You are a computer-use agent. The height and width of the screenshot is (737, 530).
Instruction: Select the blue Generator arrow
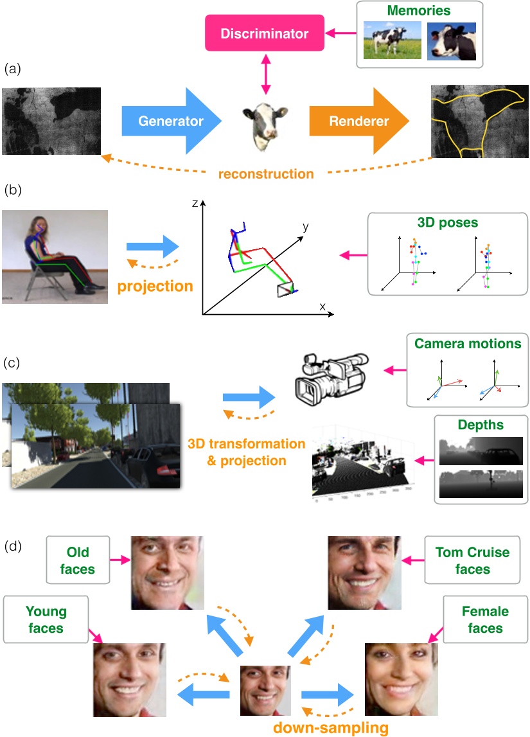(x=170, y=121)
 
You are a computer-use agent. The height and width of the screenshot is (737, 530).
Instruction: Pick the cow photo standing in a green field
(x=392, y=40)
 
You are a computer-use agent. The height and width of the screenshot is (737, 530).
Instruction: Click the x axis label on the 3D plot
(x=323, y=306)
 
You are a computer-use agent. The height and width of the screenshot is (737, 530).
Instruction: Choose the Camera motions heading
(x=468, y=344)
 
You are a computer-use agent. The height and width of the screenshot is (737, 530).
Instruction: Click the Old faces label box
(x=78, y=560)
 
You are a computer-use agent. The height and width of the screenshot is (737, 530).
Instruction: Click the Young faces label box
(x=46, y=619)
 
